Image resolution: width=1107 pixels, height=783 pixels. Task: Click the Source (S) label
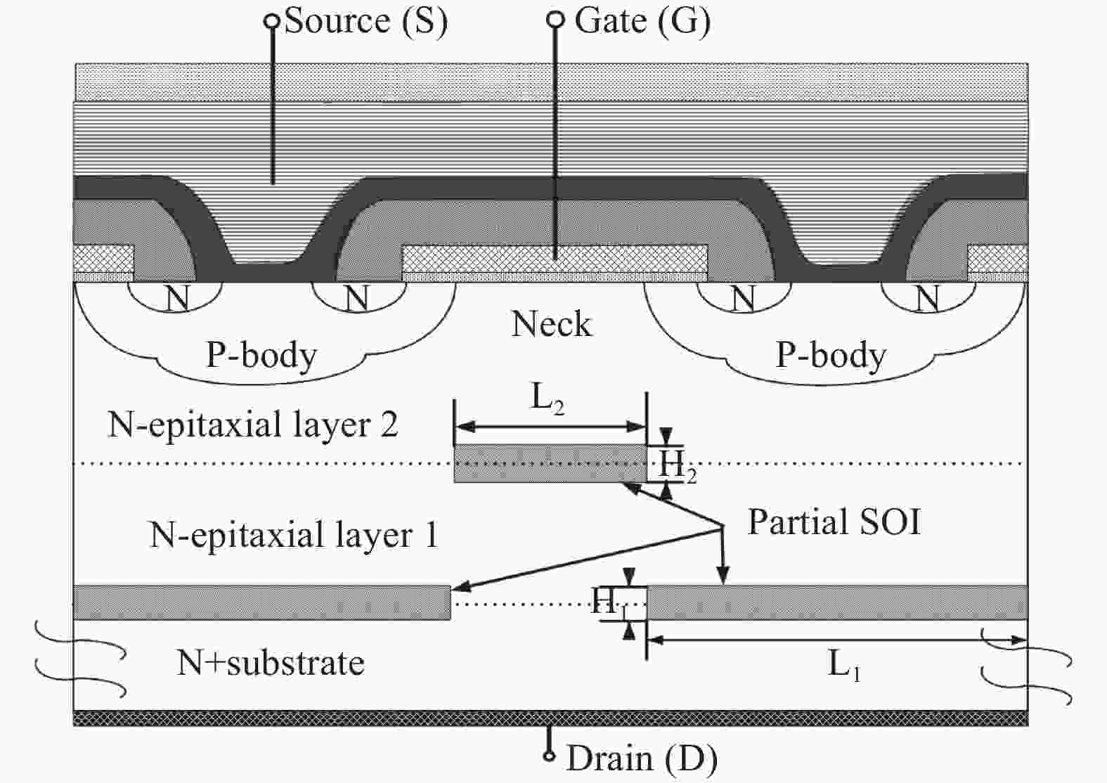coord(365,21)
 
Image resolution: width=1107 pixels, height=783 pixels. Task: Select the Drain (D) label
coord(642,759)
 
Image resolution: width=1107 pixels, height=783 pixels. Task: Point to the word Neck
coord(552,324)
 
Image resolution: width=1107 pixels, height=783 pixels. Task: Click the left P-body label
coord(261,355)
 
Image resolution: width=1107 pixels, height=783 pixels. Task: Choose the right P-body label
coord(831,355)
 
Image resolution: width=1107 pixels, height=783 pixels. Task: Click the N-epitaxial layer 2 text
coord(253,425)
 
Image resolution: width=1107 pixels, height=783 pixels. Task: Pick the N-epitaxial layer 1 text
coord(294,535)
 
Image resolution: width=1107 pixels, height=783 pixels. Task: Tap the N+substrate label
coord(271,663)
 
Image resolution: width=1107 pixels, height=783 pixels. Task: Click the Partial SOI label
coord(834,522)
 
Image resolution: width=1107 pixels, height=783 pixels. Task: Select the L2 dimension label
coord(547,399)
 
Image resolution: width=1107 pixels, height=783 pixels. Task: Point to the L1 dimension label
coord(844,664)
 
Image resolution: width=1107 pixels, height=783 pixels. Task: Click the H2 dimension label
coord(676,465)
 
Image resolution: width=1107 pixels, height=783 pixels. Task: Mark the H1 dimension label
coord(608,602)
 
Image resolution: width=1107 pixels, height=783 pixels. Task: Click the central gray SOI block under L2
coord(550,463)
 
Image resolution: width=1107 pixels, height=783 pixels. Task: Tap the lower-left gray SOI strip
coord(261,602)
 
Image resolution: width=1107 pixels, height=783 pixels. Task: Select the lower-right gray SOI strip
coord(836,602)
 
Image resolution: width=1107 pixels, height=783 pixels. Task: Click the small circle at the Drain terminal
coord(550,756)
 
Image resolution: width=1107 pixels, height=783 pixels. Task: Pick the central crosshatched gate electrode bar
coord(555,259)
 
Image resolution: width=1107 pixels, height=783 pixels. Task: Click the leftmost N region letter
coord(177,299)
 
